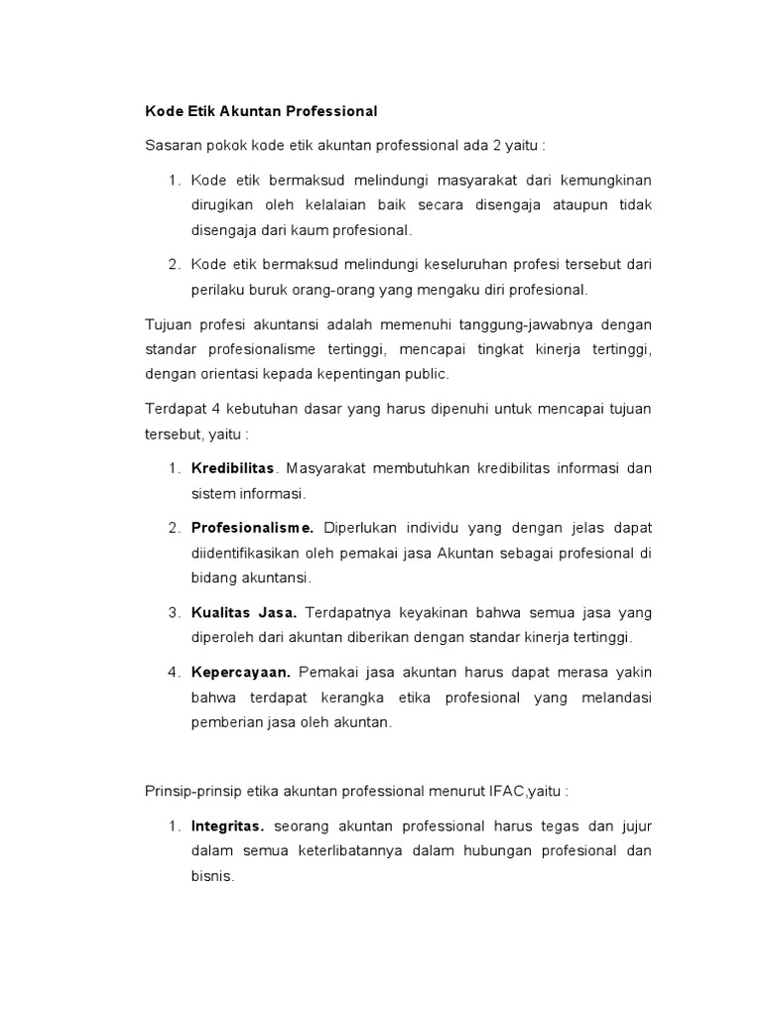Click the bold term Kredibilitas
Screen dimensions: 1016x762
click(x=233, y=467)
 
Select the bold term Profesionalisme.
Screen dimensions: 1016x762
click(x=252, y=527)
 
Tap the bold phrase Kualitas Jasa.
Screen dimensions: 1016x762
click(x=244, y=612)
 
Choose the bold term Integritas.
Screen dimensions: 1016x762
click(x=228, y=825)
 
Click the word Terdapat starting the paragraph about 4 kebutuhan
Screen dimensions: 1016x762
click(x=173, y=409)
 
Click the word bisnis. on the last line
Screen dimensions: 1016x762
click(x=211, y=876)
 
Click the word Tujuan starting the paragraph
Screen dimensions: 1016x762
click(x=168, y=323)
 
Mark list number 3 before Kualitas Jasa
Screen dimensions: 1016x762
click(x=174, y=612)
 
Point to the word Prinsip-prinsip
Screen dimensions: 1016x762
click(x=193, y=792)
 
